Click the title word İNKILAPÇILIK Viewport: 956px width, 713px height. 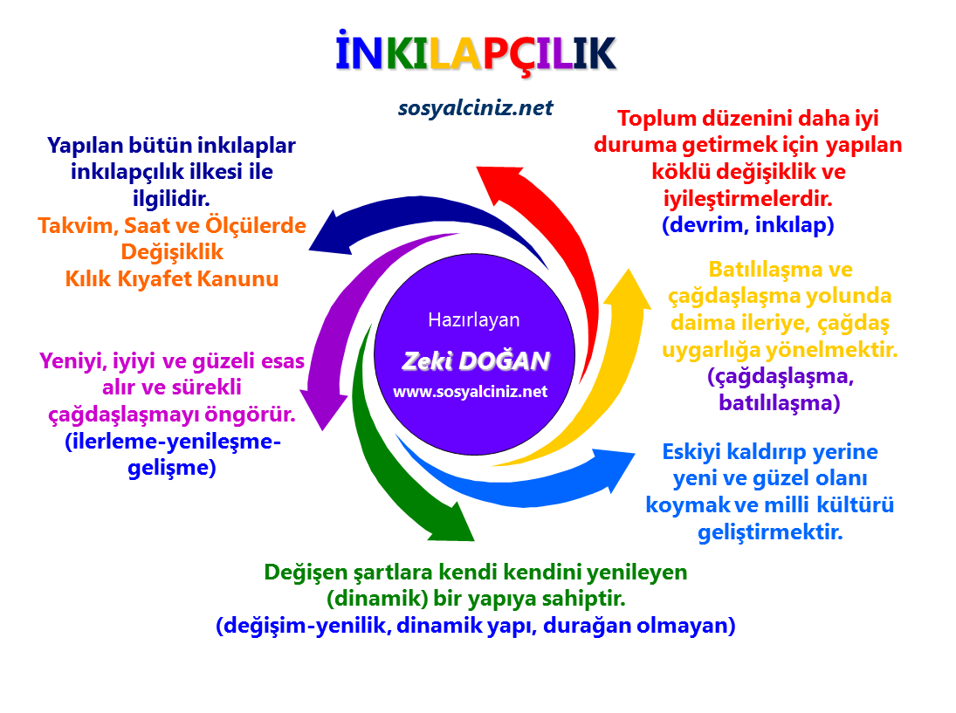tap(477, 54)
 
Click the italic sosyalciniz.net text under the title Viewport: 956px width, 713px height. tap(476, 108)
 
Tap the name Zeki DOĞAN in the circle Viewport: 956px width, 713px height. tap(476, 360)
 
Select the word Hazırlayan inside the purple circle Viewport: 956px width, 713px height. tap(473, 319)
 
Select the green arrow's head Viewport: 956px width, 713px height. tap(451, 522)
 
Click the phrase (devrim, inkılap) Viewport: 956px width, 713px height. tap(748, 224)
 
